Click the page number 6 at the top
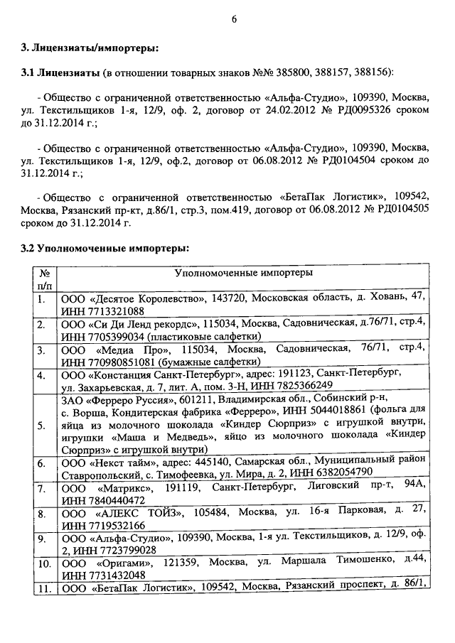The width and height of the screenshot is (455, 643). (x=233, y=19)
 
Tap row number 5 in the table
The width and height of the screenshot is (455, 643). (x=42, y=425)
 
